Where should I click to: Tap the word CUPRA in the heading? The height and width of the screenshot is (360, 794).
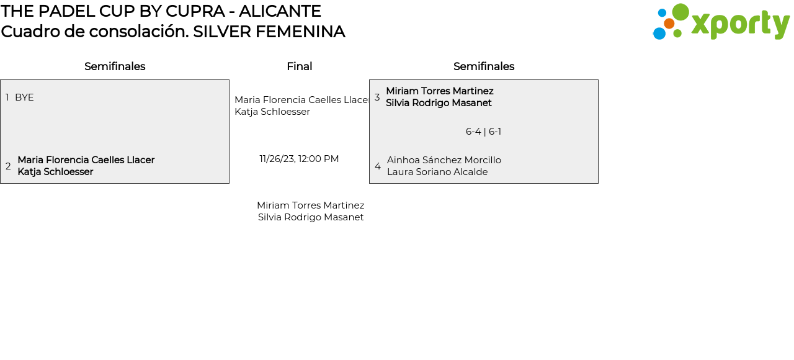(195, 11)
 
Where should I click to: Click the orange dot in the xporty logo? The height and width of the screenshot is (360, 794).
(669, 24)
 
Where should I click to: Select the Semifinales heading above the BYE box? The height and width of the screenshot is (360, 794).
(115, 66)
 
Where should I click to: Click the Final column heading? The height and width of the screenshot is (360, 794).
(299, 66)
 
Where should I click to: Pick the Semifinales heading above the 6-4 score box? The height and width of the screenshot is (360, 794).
(484, 66)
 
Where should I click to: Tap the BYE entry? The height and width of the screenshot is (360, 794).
(24, 97)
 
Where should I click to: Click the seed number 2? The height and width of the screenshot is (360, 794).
(8, 166)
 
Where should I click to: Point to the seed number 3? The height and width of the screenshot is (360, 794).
(377, 97)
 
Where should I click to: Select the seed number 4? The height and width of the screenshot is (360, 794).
(378, 166)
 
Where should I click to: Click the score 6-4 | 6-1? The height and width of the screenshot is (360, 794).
(483, 132)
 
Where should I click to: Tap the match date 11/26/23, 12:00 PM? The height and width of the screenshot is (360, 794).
(299, 159)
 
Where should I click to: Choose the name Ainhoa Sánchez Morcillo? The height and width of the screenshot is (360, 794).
(444, 160)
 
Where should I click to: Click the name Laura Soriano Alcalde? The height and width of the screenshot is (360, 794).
(437, 172)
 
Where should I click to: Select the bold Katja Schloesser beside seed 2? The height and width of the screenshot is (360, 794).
(55, 172)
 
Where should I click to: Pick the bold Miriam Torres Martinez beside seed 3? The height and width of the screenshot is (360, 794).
(440, 91)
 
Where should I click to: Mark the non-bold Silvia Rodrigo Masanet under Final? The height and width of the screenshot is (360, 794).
(311, 217)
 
